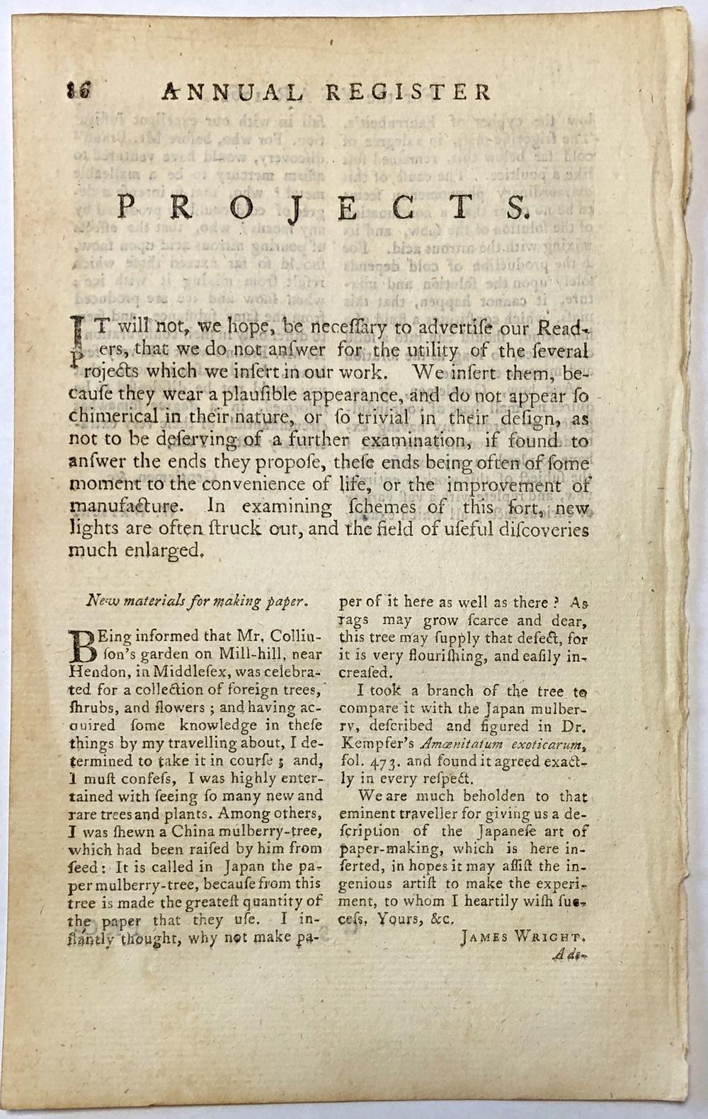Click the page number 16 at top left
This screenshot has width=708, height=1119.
click(x=74, y=93)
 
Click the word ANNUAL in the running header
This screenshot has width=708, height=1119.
click(x=233, y=92)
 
